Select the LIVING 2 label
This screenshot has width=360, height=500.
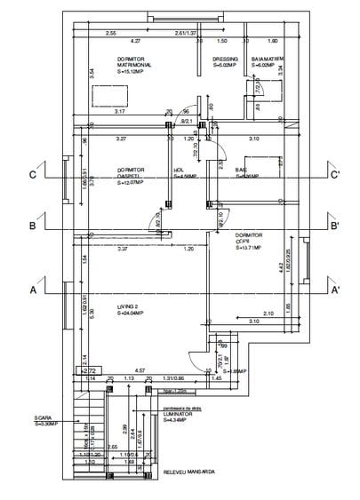pos(130,306)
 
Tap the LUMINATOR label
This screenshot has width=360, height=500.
pos(180,414)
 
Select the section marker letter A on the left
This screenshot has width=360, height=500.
pos(32,290)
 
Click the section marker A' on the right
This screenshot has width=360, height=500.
pos(335,290)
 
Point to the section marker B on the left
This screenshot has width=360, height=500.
pos(32,226)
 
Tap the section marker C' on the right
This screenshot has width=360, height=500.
pos(335,175)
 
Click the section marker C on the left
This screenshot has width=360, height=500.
pos(32,175)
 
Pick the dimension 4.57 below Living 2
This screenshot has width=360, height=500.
pos(140,369)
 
